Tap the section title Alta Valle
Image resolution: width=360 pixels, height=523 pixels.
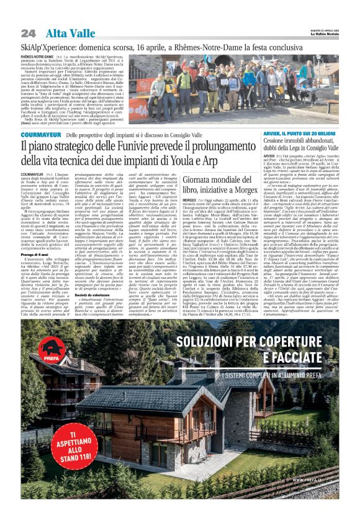tap(65, 33)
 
